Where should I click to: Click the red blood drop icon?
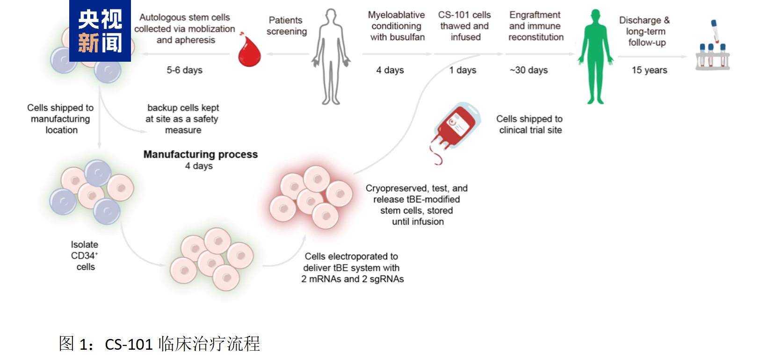point(249,51)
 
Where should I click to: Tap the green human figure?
point(595,56)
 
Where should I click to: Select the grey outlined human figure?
point(331,56)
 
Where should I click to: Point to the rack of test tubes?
point(712,56)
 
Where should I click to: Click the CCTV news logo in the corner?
point(100,31)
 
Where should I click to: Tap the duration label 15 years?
point(649,70)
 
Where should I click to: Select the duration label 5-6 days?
point(184,70)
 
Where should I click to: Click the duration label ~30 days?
point(529,70)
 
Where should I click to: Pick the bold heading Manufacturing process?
point(200,154)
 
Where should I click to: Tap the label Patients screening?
point(286,26)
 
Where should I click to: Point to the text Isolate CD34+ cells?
point(85,255)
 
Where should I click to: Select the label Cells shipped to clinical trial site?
point(530,124)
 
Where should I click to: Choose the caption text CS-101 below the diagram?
point(129,344)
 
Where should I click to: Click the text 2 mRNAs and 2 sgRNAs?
point(353,279)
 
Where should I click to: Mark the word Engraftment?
point(535,15)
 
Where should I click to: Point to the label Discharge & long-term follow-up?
point(645,31)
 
